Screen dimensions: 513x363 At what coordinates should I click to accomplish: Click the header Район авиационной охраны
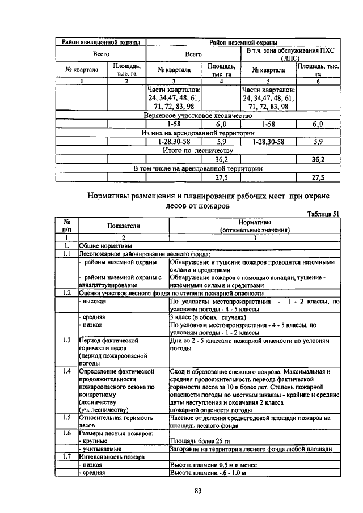100,42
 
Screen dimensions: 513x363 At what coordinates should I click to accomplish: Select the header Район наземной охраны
243,42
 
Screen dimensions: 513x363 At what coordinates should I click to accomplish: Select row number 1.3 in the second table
66,340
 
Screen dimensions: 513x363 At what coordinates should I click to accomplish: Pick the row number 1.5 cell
66,417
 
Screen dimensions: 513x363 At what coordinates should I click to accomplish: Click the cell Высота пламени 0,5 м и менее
209,464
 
